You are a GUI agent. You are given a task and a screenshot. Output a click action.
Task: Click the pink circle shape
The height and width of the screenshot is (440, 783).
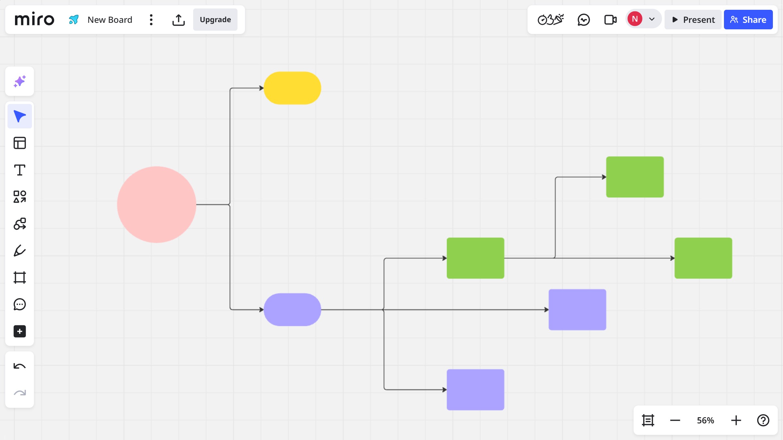[x=157, y=205]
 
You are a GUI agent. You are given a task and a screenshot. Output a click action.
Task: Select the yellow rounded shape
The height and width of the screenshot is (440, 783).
[x=292, y=88]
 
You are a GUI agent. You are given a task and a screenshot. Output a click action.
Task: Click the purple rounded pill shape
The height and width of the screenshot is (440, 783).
[x=292, y=310]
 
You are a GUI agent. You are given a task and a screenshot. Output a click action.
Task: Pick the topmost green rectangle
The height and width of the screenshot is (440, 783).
[x=635, y=177]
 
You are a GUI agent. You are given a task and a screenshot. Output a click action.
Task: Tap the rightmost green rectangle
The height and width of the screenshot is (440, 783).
[x=703, y=258]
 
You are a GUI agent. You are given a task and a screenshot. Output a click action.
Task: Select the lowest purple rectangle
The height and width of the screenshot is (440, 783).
[x=475, y=389]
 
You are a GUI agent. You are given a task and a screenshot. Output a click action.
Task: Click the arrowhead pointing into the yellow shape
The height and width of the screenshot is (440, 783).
[x=261, y=88]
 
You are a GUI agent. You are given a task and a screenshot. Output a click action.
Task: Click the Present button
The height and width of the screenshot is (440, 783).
[x=693, y=20]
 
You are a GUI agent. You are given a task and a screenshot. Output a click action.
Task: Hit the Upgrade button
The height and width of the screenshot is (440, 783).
[x=215, y=20]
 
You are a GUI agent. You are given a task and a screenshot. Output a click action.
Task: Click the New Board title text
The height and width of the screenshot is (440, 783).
[x=110, y=20]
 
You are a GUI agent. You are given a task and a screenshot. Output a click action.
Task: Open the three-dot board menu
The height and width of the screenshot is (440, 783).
[x=151, y=20]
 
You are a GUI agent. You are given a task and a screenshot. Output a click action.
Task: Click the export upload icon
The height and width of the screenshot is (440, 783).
[x=178, y=20]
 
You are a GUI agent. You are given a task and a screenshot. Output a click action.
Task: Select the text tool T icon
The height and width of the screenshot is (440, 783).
[x=20, y=170]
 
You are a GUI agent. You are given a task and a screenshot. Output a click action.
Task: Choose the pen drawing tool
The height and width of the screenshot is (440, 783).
[x=20, y=251]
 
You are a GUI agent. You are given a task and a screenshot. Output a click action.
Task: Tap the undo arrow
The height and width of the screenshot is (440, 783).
[x=20, y=366]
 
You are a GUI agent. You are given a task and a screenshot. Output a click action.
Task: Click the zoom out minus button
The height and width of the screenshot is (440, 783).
[x=675, y=420]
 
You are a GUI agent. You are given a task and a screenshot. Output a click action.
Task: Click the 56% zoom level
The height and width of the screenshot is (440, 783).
[x=705, y=420]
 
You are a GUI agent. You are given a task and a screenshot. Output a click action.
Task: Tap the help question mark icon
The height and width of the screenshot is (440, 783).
[x=763, y=420]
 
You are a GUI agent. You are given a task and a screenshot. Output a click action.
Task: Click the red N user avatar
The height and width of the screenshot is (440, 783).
[x=635, y=19]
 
